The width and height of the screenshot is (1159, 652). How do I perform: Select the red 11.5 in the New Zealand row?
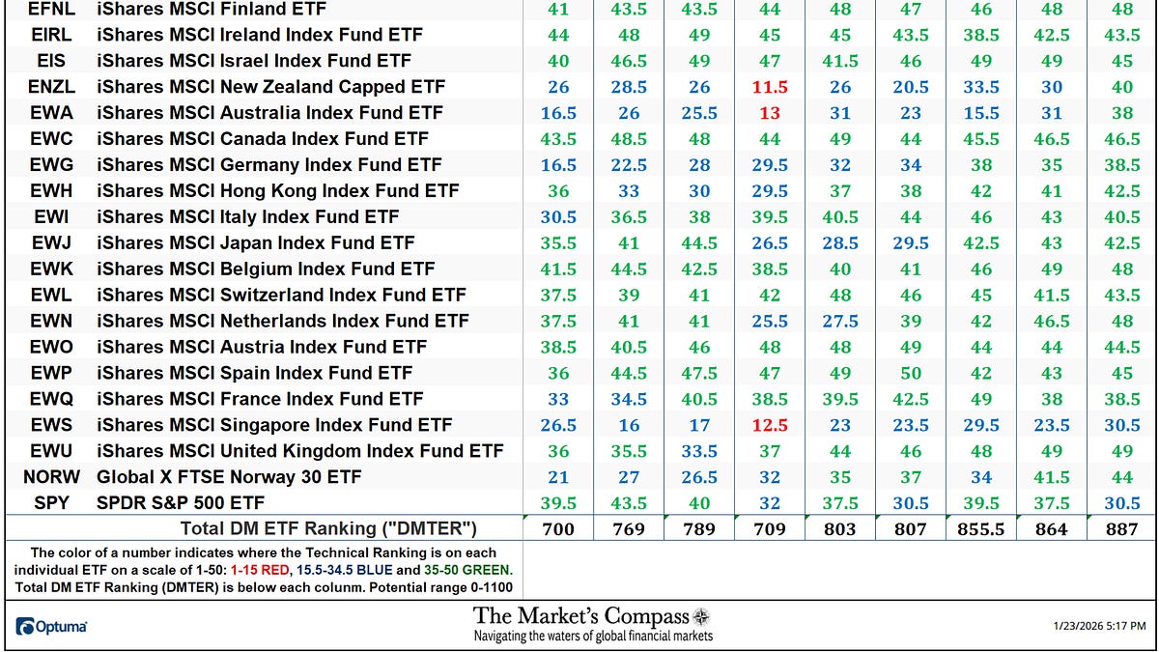click(x=769, y=87)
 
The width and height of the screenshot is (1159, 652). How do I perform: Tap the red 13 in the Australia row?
click(x=769, y=113)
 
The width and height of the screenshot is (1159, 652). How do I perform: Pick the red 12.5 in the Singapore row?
click(x=769, y=425)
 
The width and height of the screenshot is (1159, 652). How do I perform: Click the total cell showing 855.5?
click(x=980, y=528)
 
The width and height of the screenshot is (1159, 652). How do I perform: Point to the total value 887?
click(x=1121, y=528)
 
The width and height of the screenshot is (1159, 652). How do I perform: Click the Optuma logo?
click(x=52, y=627)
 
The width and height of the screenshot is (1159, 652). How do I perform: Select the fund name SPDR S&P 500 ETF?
click(x=181, y=503)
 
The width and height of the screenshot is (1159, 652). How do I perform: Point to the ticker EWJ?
click(x=51, y=242)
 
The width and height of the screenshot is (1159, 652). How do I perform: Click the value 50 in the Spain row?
click(x=910, y=373)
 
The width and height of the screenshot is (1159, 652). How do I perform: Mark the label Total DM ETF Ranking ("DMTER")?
click(x=328, y=528)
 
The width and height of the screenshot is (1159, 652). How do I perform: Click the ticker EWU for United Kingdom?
click(x=51, y=451)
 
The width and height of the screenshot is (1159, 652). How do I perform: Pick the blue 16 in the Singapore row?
click(x=629, y=425)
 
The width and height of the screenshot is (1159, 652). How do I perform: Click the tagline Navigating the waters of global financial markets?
click(x=592, y=637)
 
